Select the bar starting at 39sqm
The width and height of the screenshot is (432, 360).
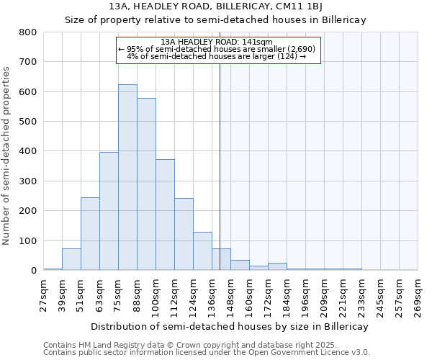pos(71,259)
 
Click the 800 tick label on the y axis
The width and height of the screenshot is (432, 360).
pos(28,32)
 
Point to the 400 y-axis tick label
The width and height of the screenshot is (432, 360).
pos(28,151)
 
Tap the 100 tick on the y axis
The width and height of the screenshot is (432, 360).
pos(28,240)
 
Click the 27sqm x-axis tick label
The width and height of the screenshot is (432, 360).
pos(43,294)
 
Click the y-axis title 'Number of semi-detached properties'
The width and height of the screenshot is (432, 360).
pos(7,155)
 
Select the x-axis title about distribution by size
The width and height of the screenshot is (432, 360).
pos(229,326)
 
